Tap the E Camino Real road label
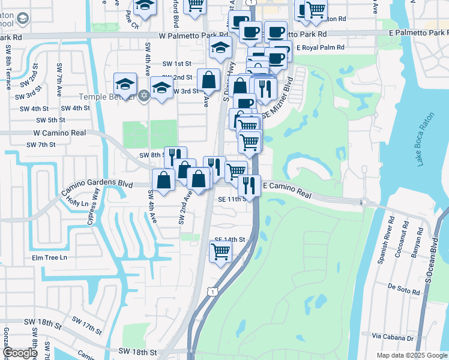pos(288,190)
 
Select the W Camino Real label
pos(60,133)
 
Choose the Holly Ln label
pos(76,203)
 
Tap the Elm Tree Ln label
pos(49,258)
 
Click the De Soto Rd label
pos(403,290)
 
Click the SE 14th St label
pos(231,239)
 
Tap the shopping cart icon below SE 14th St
pos(220,251)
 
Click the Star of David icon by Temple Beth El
pos(143,95)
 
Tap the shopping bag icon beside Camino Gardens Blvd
pos(164,179)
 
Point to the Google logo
pos(20,353)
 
